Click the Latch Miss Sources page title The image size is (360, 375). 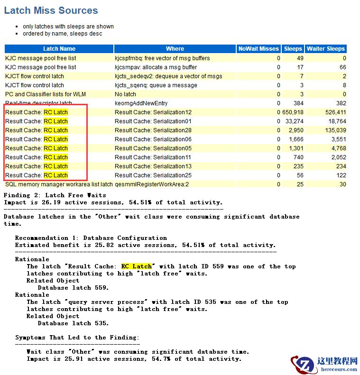click(x=51, y=10)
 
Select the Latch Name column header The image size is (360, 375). click(x=59, y=49)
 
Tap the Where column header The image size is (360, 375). click(x=175, y=49)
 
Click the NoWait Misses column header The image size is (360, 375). click(x=258, y=49)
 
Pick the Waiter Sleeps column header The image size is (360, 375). click(x=326, y=49)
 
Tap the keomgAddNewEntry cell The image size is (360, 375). click(x=141, y=103)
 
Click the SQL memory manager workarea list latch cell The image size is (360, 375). click(x=59, y=184)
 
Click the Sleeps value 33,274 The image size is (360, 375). click(x=294, y=121)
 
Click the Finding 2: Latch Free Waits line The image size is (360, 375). click(x=55, y=195)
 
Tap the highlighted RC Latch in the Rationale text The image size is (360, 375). click(x=137, y=266)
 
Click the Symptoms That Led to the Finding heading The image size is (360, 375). click(x=77, y=338)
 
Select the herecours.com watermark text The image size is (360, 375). click(x=334, y=369)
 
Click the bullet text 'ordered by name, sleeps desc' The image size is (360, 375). click(x=62, y=34)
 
